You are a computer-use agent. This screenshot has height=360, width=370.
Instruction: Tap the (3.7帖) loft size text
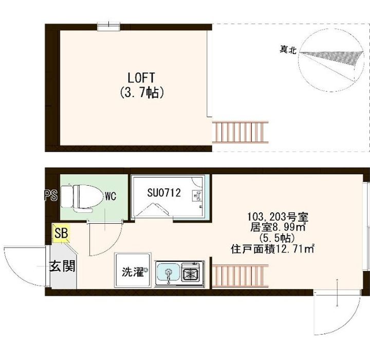pos(141,93)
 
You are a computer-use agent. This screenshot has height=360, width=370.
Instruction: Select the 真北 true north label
pos(288,50)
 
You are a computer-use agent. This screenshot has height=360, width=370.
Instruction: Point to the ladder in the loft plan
pos(240,132)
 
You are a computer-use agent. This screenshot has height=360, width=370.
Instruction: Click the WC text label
pos(110,195)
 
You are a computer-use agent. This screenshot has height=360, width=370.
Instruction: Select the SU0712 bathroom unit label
pos(164,193)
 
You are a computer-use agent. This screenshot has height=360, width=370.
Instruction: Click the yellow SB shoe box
pos(61,233)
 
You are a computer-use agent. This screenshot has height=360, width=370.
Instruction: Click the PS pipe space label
pos(50,195)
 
